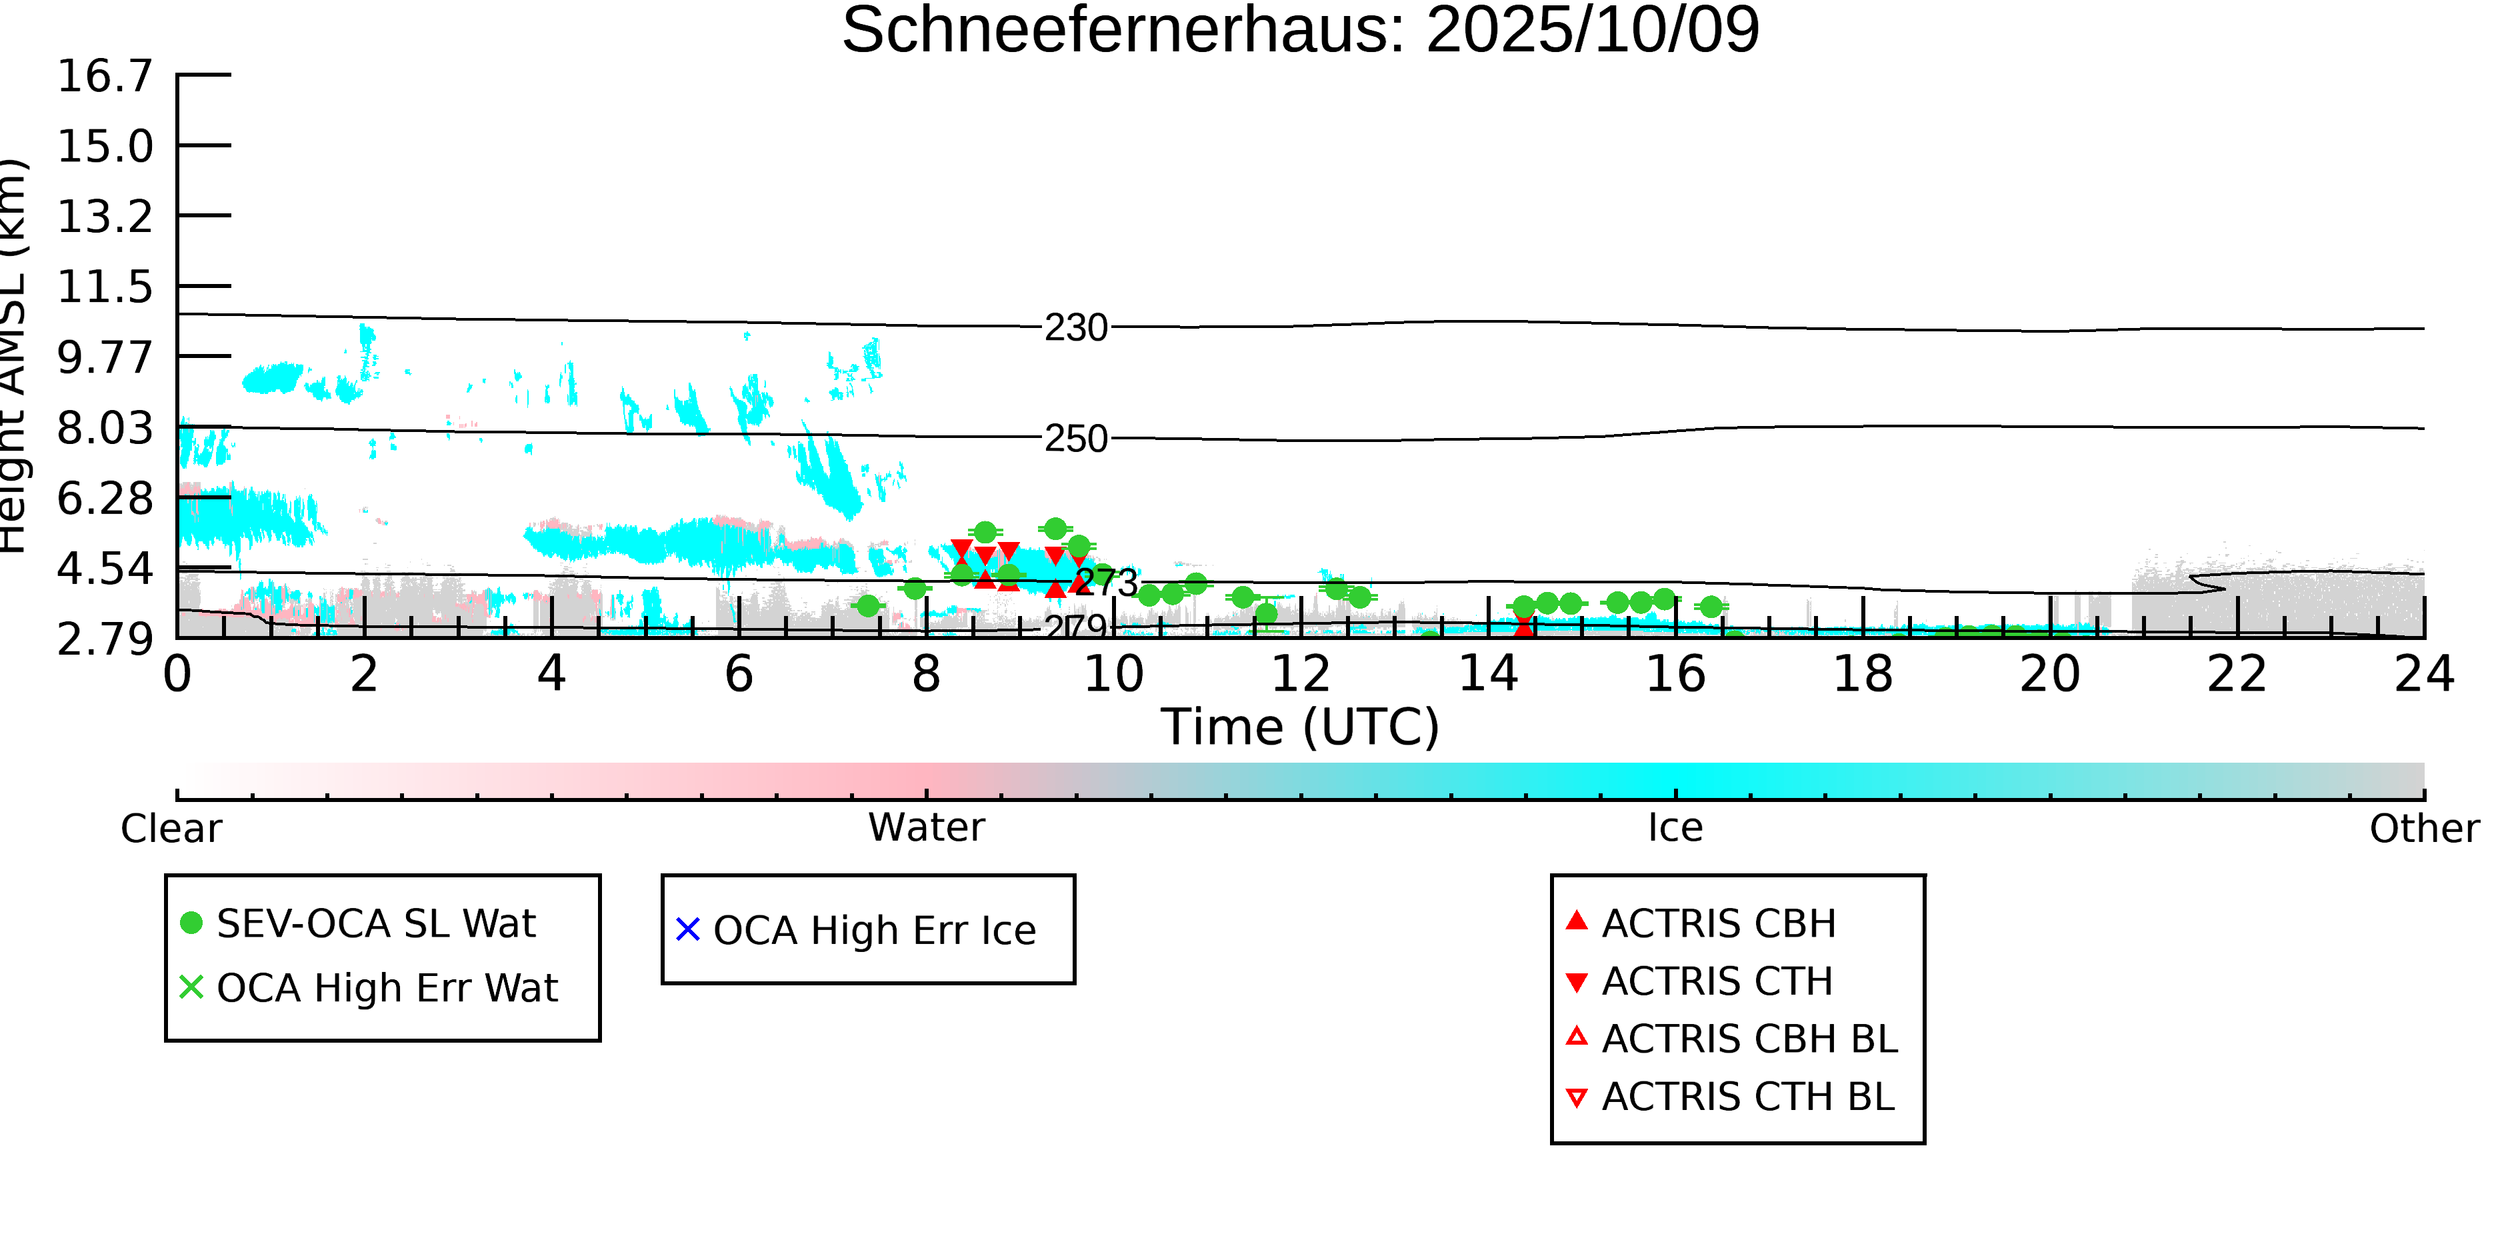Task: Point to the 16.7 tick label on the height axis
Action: click(105, 76)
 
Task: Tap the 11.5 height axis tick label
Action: click(105, 287)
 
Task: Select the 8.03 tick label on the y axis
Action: click(105, 428)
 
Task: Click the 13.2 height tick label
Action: click(105, 217)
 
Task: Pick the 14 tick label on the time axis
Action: click(1488, 673)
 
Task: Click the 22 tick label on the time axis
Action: click(2237, 673)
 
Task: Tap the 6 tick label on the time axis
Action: click(739, 673)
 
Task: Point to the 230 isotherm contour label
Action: click(1075, 328)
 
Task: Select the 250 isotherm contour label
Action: click(1075, 439)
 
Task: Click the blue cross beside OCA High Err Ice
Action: click(687, 930)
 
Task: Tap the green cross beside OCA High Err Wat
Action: click(191, 987)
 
